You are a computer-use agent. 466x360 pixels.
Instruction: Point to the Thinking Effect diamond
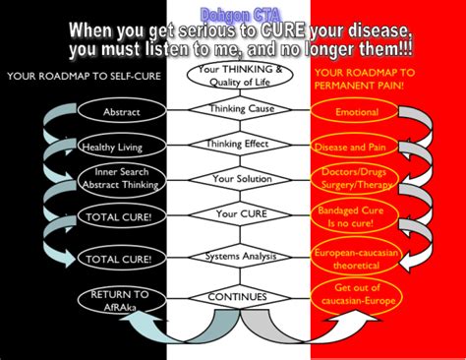tap(233, 145)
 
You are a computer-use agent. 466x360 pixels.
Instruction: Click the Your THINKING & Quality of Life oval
tap(233, 75)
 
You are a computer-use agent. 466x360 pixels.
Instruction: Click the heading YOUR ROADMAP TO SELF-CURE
tap(73, 77)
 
